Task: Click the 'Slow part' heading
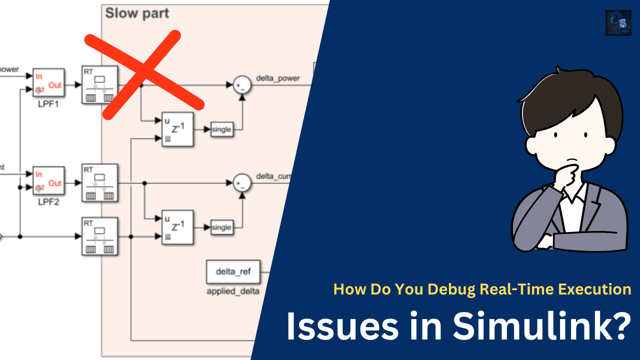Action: pos(137,13)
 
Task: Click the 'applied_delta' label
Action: pos(233,291)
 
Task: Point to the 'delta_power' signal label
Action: pos(278,78)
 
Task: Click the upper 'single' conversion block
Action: pos(221,129)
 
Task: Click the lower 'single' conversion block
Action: pos(221,227)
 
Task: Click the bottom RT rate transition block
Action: pos(99,235)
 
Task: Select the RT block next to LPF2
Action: pos(99,183)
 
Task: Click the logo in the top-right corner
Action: pos(618,23)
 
